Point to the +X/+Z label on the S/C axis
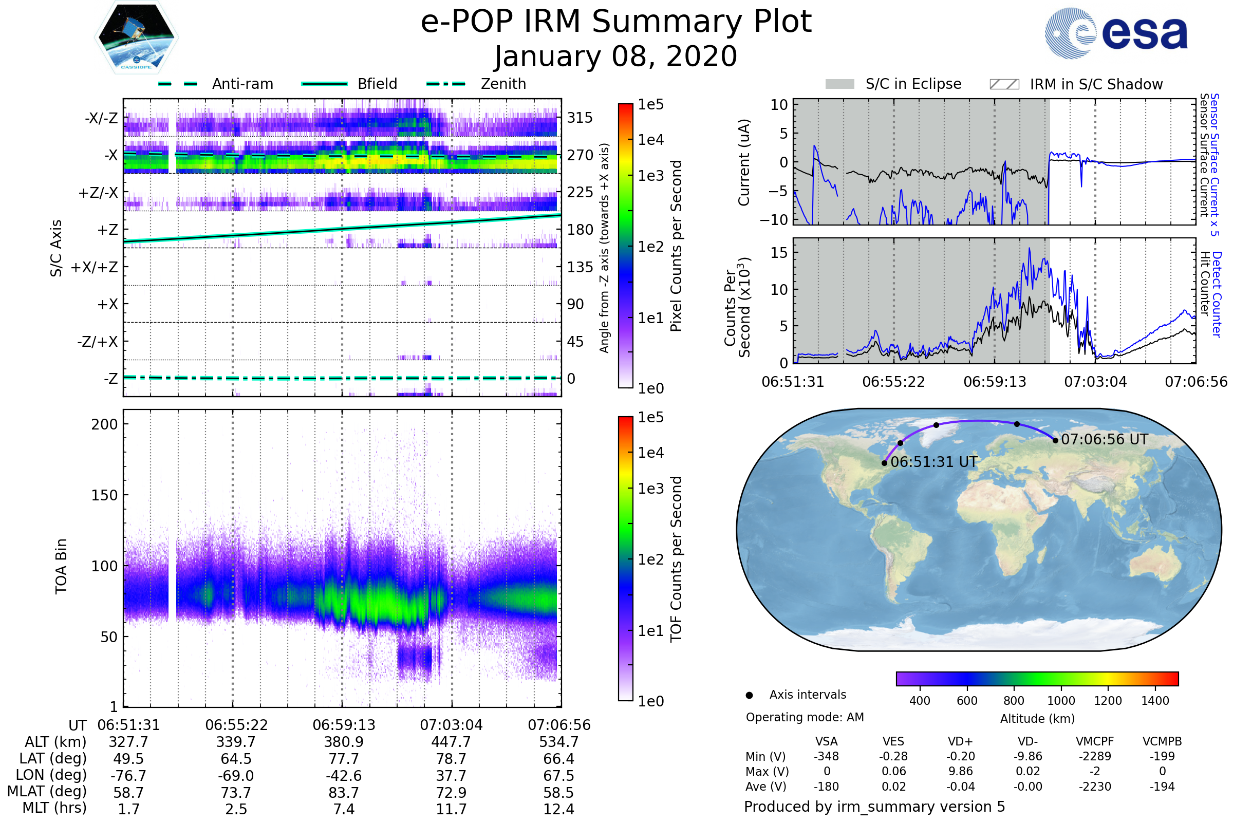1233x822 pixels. click(95, 267)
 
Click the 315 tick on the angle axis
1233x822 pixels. click(580, 118)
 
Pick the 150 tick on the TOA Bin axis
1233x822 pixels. click(104, 495)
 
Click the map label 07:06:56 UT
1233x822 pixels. click(1104, 439)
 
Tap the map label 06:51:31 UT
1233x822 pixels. click(933, 462)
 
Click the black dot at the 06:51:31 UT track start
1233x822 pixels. click(884, 463)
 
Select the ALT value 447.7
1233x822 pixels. click(451, 742)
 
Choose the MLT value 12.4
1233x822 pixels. click(559, 809)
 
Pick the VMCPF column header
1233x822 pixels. click(1095, 741)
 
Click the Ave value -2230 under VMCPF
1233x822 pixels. click(1095, 787)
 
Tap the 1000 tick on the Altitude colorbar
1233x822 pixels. click(1060, 701)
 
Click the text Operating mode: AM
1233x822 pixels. click(805, 717)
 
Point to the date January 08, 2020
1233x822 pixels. click(616, 56)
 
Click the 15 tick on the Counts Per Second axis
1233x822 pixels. click(779, 253)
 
